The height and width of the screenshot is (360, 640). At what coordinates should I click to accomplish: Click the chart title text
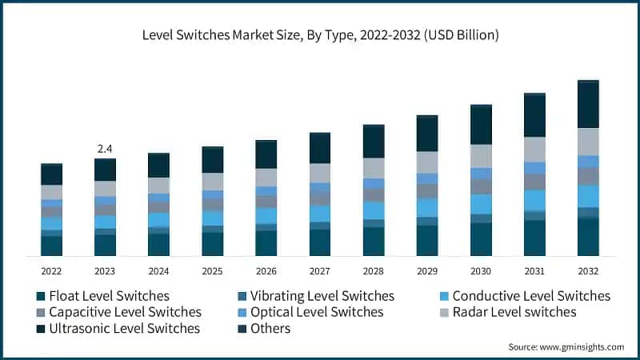coord(320,34)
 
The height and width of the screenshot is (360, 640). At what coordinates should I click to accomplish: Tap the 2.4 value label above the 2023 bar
coord(105,149)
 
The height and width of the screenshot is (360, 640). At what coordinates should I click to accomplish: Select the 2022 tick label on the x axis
coord(51,271)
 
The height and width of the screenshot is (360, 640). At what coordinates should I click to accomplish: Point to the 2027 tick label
coord(320,271)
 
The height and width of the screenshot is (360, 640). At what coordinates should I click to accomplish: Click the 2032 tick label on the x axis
coord(588,271)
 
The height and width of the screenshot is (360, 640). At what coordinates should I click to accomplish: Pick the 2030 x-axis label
coord(481,271)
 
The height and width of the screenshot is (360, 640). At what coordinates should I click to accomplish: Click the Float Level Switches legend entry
coord(109,296)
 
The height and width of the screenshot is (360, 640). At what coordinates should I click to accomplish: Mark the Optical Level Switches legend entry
coord(317,312)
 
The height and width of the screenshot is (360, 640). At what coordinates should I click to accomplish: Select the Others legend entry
coord(270,328)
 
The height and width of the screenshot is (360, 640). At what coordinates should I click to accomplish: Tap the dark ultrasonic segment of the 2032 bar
coord(588,105)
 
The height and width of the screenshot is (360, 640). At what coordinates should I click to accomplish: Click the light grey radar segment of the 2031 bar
coord(534,149)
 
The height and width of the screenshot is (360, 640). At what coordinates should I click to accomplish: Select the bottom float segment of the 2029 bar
coord(427,241)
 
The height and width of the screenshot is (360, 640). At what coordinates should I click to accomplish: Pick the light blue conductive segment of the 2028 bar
coord(374,210)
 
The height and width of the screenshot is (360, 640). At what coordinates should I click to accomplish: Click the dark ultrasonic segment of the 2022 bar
coord(51,174)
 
